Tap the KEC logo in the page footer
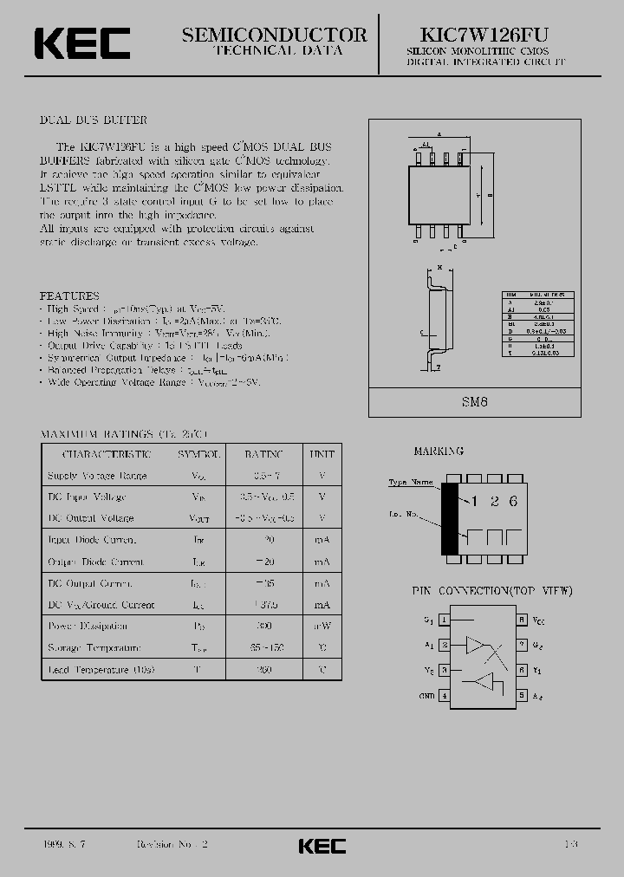[322, 846]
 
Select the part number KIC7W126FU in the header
[473, 34]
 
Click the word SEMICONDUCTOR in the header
[274, 35]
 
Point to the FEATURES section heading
[70, 296]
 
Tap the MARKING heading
[439, 451]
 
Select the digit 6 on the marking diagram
[513, 501]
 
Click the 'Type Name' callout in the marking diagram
[410, 483]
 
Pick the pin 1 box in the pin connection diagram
[444, 620]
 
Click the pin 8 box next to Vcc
[522, 620]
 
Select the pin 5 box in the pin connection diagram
[522, 696]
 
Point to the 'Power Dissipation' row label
[88, 626]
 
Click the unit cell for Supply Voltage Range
[322, 476]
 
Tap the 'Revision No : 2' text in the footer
[172, 844]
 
